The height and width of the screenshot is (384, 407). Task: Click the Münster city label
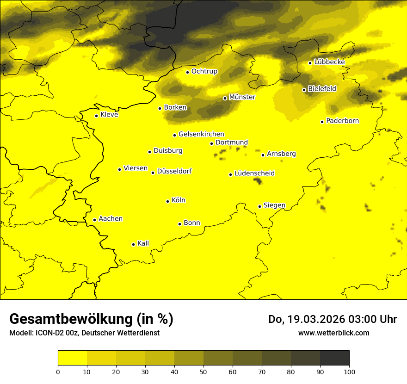[x=242, y=97]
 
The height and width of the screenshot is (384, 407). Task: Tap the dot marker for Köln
[x=167, y=201]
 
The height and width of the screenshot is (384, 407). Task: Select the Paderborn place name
[x=343, y=121]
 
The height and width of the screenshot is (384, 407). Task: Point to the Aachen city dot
[x=94, y=220]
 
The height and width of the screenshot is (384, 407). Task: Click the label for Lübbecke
[x=329, y=62]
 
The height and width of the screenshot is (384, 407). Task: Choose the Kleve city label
[x=109, y=115]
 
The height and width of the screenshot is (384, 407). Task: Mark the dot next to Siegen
[x=259, y=206]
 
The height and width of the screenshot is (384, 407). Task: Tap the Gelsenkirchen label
[x=201, y=134]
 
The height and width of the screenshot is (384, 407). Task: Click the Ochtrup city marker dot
[x=187, y=72]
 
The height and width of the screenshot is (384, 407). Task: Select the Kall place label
[x=143, y=243]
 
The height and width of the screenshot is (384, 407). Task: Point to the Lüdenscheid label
[x=254, y=173]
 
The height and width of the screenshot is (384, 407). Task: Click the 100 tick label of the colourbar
[x=349, y=372]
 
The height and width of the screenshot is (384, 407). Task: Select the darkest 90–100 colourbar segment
[x=334, y=358]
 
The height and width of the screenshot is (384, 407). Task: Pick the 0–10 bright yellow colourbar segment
[x=72, y=358]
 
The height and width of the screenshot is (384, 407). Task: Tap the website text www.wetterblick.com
[x=333, y=333]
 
